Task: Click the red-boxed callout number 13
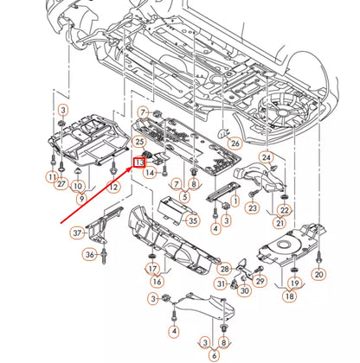coord(138,162)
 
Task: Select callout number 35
coord(192,221)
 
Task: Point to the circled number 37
coord(77,232)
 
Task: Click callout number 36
coord(90,254)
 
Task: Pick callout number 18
coord(288,295)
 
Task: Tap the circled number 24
coord(267,157)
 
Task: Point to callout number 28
coord(224,270)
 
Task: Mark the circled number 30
coord(245,290)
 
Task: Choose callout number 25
coord(139,141)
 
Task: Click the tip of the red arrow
coord(132,167)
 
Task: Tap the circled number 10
coord(77,186)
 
